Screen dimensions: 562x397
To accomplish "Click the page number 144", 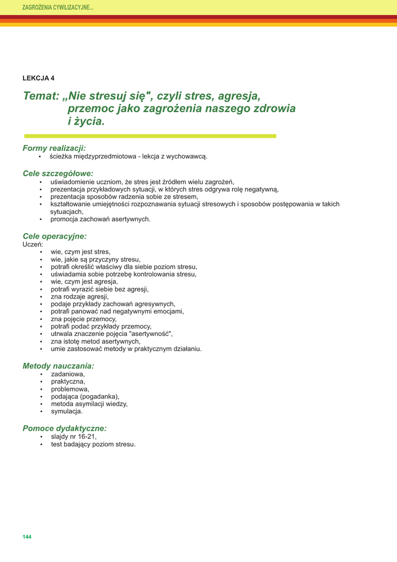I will [27, 536].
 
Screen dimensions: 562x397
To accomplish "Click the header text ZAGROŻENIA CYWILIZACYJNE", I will [57, 8].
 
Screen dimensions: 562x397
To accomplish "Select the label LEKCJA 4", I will [38, 78].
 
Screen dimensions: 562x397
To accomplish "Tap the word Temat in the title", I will [40, 96].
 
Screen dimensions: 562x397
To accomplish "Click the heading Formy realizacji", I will [54, 148].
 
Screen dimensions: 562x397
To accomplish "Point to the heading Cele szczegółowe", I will [58, 173].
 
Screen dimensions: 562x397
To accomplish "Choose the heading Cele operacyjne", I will [55, 236].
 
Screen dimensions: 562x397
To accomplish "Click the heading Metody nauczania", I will [58, 366].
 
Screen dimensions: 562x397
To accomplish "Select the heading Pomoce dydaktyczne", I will [65, 428].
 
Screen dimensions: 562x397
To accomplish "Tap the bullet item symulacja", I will [67, 411].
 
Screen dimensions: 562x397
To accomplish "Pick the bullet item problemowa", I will [70, 389].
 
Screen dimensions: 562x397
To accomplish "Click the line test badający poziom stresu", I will [93, 444].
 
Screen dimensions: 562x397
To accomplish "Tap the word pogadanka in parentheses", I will [99, 396].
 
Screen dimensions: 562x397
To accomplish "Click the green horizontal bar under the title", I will [150, 136].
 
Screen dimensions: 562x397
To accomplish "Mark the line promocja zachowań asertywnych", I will [100, 219].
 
